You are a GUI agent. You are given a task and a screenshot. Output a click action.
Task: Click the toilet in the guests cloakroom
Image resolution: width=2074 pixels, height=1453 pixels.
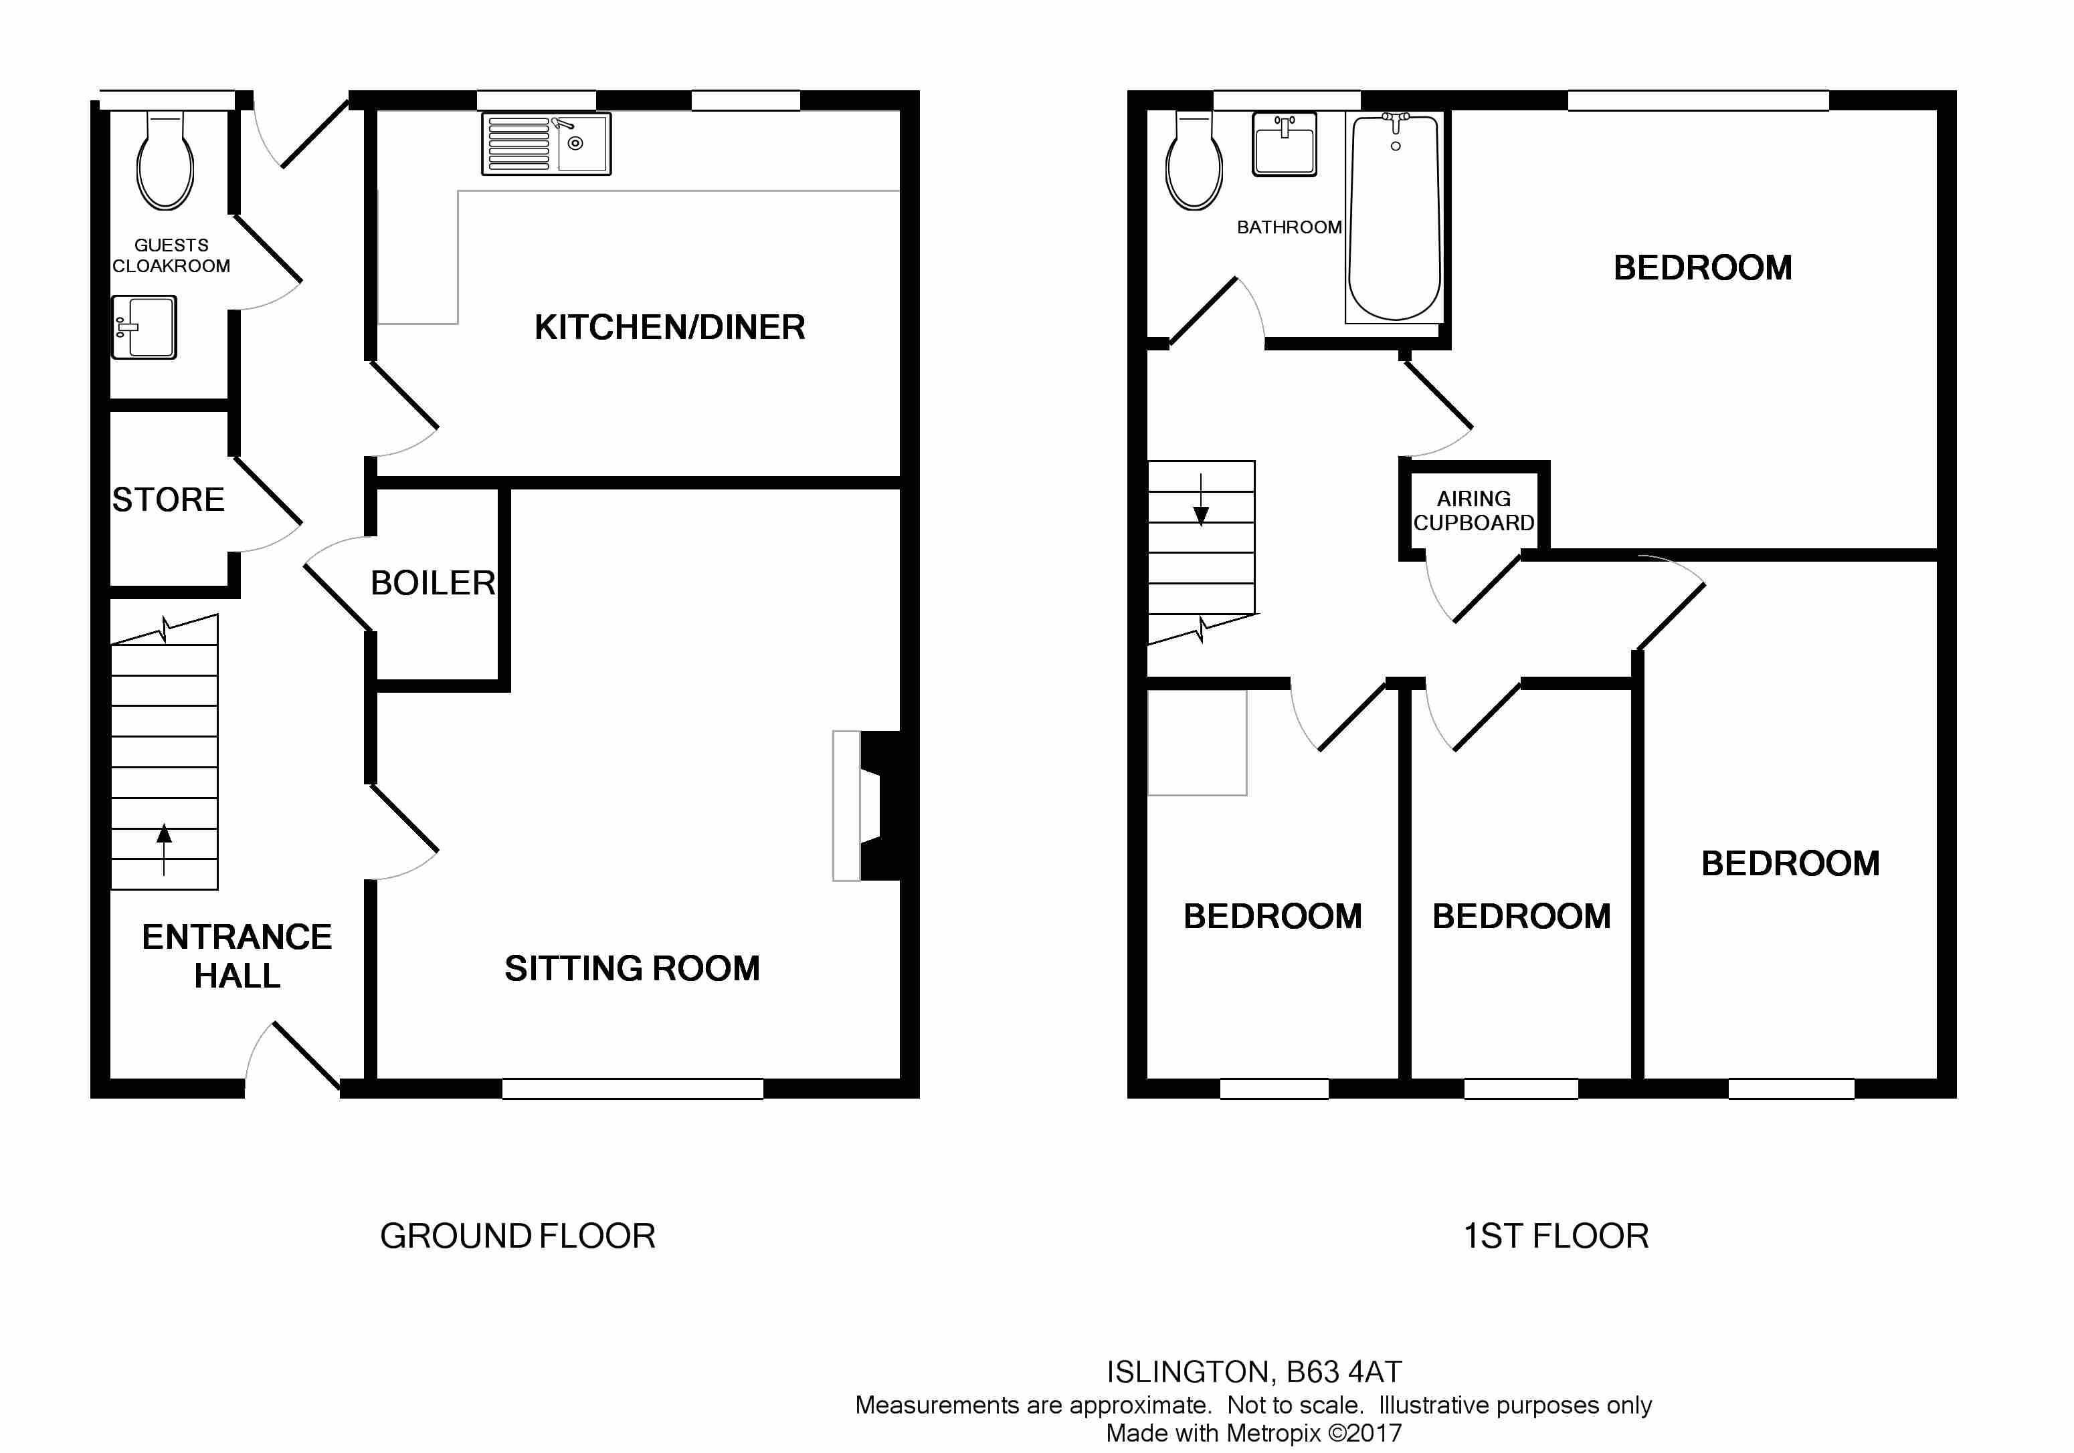point(165,160)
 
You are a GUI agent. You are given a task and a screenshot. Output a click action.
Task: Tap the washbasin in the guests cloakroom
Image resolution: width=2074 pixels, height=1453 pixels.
point(144,327)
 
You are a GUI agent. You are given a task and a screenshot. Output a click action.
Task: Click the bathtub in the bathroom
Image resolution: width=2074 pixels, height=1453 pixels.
point(1394,217)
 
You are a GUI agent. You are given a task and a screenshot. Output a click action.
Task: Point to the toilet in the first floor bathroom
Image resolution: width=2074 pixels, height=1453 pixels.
point(1194,160)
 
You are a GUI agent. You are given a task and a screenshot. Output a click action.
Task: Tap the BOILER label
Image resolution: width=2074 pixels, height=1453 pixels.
point(433,583)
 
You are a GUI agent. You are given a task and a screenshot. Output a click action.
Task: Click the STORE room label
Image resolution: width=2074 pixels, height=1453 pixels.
point(168,499)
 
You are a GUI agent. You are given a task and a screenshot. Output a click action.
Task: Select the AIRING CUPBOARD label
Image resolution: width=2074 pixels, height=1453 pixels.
point(1473,511)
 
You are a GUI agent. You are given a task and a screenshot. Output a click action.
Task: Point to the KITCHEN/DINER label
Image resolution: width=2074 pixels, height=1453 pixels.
point(669,327)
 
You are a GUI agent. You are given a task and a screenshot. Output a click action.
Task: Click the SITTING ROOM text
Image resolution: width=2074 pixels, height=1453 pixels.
point(632,969)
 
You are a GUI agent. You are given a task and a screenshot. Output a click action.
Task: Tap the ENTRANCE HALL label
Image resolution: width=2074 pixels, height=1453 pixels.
point(237,956)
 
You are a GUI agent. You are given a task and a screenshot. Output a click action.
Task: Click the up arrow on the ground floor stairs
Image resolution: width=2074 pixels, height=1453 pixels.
point(163,849)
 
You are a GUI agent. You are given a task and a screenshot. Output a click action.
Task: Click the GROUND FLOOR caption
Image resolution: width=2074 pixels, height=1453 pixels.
point(518,1236)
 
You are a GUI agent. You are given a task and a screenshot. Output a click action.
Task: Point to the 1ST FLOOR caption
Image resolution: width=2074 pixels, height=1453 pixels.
point(1555,1236)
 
